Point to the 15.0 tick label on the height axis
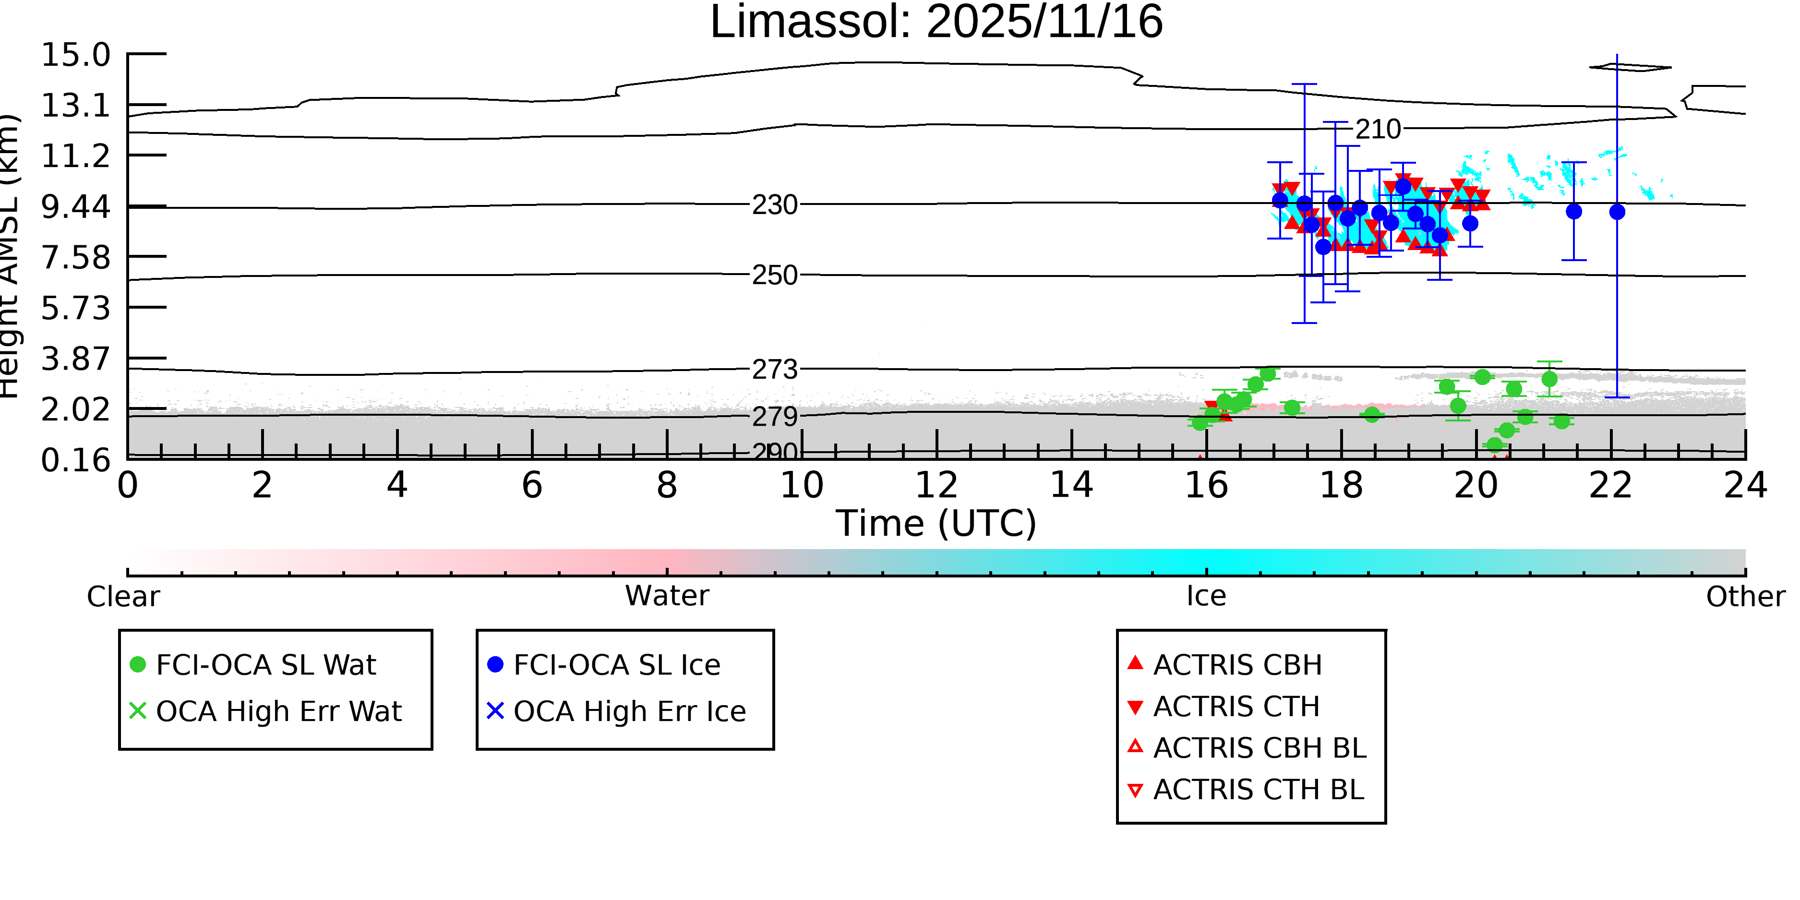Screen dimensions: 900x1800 75,55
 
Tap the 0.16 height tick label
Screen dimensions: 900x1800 75,460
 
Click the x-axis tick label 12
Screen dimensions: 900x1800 936,485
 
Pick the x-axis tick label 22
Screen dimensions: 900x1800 1610,485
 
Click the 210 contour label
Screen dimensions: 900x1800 1378,129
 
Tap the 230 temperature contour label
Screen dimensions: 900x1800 774,205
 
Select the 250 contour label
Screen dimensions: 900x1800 774,276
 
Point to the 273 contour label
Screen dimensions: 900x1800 774,369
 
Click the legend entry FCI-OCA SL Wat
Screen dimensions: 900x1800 265,664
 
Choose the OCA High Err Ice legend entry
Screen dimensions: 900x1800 629,711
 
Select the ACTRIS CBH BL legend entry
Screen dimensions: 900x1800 1259,748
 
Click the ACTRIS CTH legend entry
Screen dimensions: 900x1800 1236,707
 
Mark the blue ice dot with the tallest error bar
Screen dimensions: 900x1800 1617,212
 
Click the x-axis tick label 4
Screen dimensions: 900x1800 397,485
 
